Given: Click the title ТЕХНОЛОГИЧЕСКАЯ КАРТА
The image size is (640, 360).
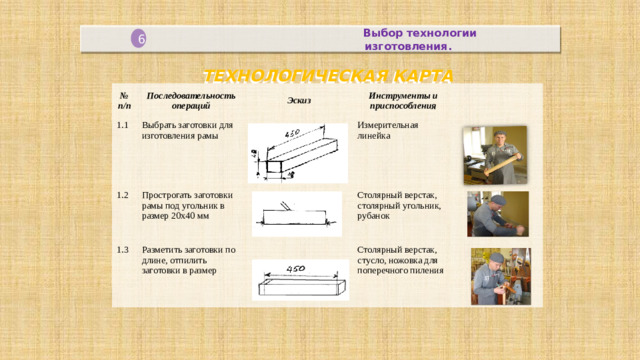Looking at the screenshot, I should point(327,76).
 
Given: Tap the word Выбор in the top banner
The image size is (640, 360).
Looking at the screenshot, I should point(383,33).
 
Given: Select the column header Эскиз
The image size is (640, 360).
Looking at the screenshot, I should point(299,101).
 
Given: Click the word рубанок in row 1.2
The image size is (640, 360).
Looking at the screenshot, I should point(375,216).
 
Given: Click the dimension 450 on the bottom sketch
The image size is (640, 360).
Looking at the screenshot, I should point(296,268).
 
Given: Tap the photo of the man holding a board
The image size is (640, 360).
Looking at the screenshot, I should point(493,154).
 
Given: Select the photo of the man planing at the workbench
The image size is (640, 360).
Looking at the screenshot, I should point(497,213).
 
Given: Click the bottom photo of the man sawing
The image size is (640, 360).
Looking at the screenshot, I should point(500,276).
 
